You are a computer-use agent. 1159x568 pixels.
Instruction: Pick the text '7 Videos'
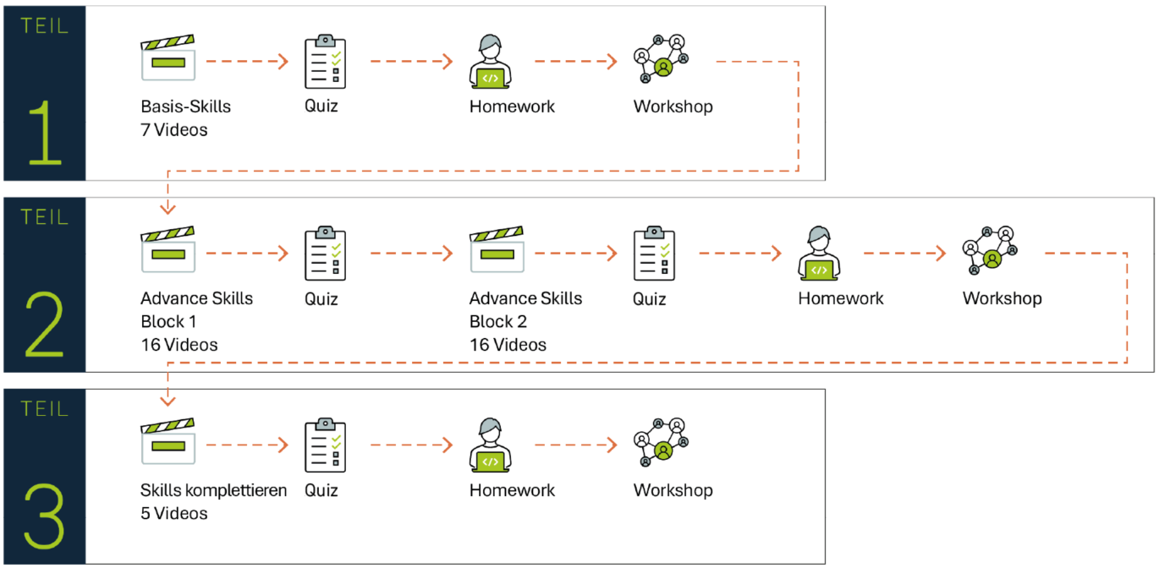click(173, 130)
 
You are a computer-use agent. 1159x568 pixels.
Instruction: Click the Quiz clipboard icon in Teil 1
click(325, 62)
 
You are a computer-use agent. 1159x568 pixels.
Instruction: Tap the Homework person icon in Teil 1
click(490, 62)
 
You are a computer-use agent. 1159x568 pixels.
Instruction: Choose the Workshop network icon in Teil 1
click(661, 59)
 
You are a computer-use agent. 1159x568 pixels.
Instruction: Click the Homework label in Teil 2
click(840, 298)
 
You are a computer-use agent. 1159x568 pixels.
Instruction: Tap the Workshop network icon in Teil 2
click(990, 251)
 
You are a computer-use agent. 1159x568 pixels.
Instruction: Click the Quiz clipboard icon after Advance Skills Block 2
click(654, 253)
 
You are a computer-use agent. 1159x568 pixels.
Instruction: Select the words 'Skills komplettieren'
click(213, 490)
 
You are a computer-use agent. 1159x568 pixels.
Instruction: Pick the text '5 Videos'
click(173, 513)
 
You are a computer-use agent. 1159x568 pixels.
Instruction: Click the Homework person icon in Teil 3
click(490, 445)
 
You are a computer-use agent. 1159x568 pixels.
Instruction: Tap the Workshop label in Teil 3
click(673, 490)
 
